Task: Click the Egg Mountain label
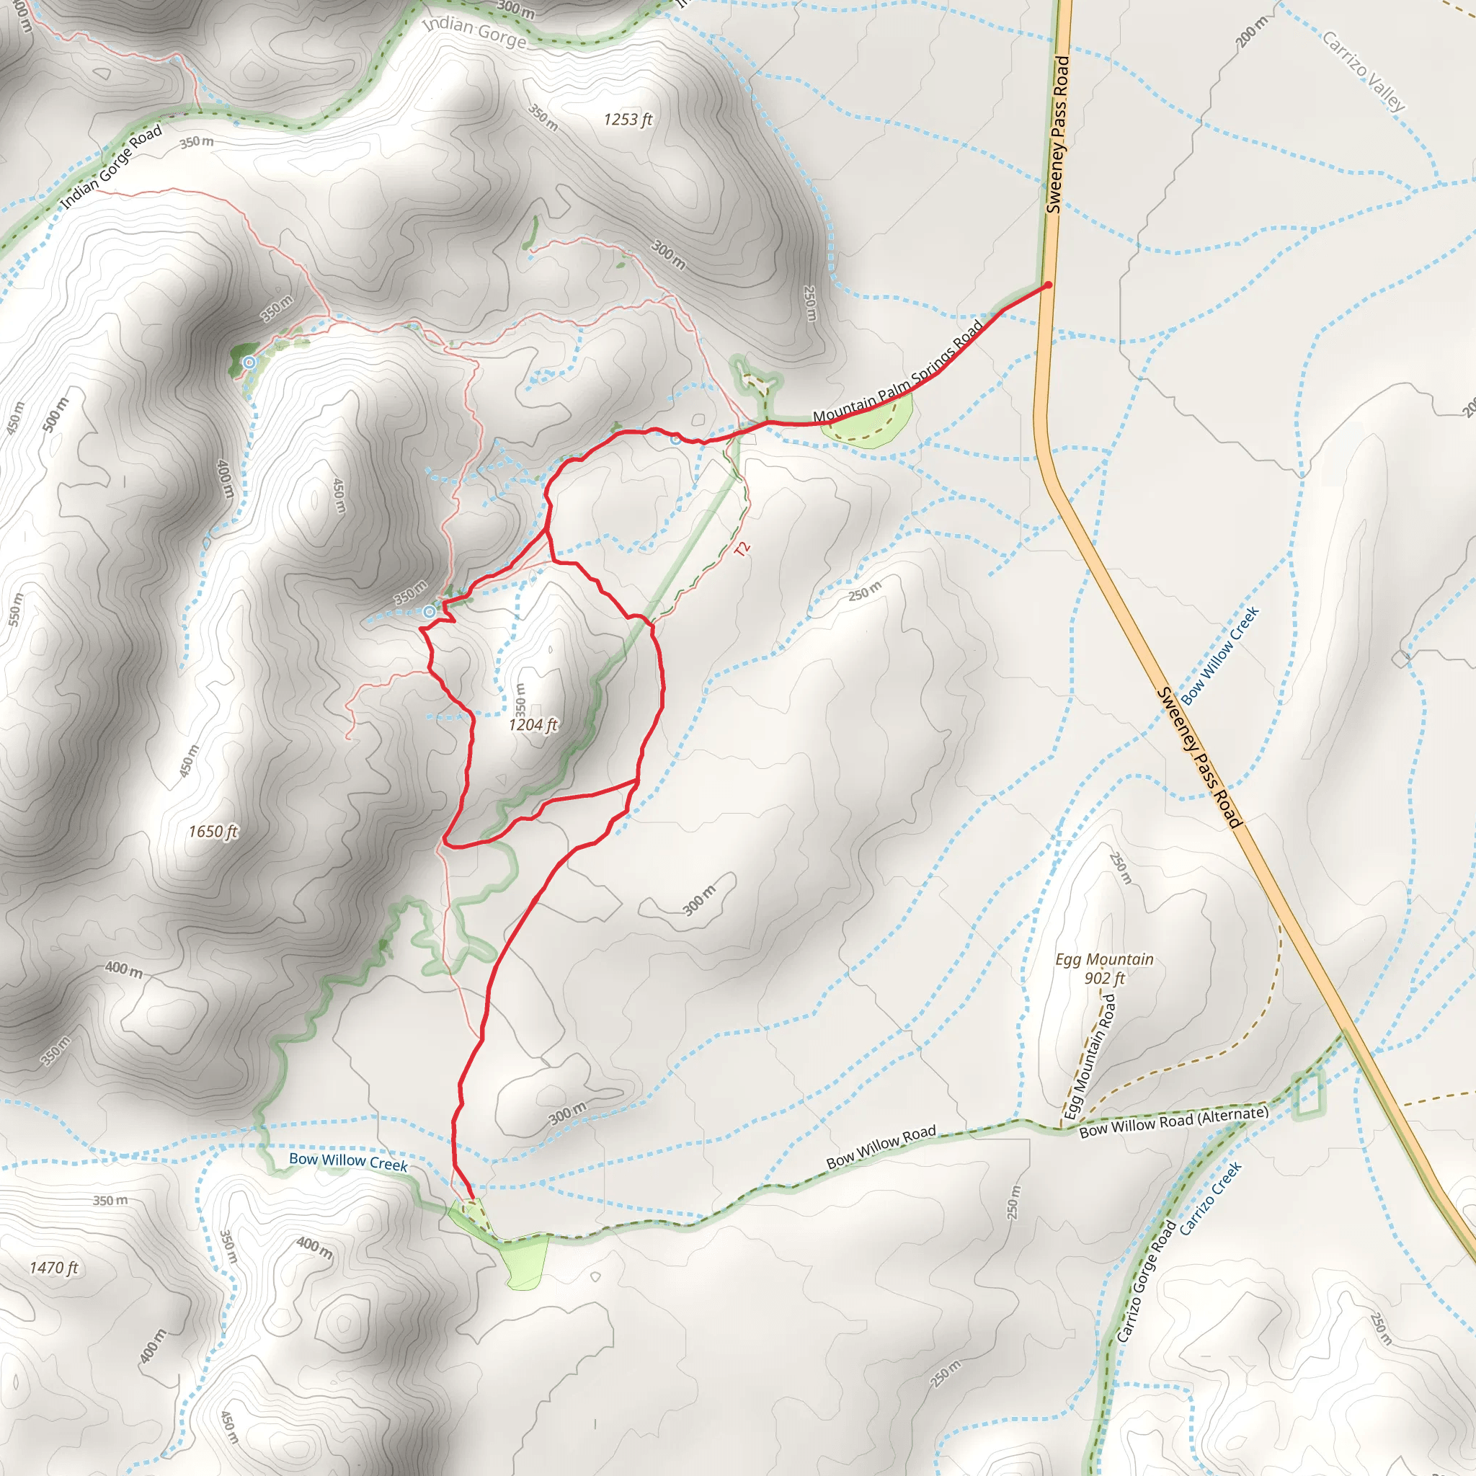click(x=1104, y=959)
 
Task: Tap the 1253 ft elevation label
click(x=627, y=119)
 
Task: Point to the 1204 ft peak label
click(x=533, y=724)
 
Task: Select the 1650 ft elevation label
click(x=213, y=831)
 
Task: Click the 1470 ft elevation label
click(x=53, y=1268)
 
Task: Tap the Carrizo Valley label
click(x=1364, y=71)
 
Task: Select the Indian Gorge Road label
click(x=112, y=166)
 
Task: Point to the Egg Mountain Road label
click(x=1090, y=1057)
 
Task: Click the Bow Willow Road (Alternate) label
click(x=1173, y=1121)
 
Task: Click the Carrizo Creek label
click(x=1210, y=1198)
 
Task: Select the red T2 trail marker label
click(x=742, y=548)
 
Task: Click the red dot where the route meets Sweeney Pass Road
click(x=1048, y=285)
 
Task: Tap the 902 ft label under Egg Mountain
click(x=1104, y=979)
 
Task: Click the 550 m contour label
click(x=16, y=610)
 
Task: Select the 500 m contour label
click(x=55, y=414)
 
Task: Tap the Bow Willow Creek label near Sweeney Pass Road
click(x=1219, y=656)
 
